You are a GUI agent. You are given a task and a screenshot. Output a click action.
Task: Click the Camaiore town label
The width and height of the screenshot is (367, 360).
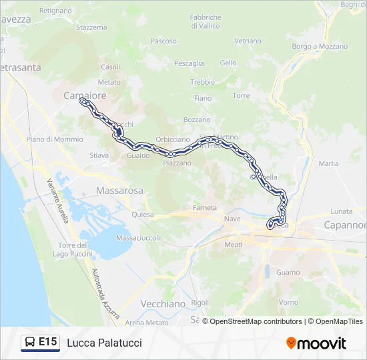85,96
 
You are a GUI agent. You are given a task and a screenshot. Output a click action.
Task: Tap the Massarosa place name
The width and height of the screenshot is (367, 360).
119,190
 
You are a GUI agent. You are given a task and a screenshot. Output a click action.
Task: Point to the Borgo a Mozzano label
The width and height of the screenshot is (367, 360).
320,47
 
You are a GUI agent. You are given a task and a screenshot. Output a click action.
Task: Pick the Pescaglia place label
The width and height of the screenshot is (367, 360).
189,63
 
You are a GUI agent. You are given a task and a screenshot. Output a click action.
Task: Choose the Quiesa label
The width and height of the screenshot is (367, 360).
143,215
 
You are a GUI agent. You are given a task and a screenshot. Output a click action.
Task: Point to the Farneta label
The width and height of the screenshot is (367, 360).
205,207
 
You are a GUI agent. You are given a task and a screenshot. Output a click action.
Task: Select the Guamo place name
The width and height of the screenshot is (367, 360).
288,273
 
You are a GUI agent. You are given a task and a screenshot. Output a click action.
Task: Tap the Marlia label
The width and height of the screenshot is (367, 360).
328,163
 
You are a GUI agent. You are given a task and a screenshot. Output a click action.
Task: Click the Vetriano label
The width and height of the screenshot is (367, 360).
248,41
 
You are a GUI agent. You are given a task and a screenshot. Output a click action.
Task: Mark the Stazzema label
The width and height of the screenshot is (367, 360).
91,27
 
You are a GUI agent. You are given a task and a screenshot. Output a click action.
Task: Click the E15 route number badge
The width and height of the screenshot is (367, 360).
47,343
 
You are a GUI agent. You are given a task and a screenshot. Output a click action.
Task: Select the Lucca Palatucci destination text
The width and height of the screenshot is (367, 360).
104,343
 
